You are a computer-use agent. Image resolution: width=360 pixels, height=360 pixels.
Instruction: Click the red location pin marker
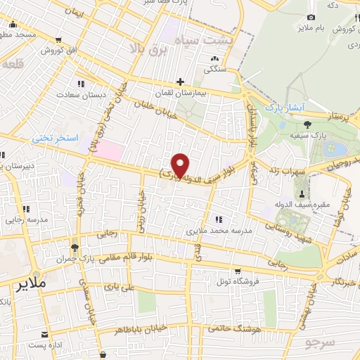[x=181, y=165]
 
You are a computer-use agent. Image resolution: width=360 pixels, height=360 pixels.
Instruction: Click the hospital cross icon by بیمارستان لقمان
[x=180, y=82]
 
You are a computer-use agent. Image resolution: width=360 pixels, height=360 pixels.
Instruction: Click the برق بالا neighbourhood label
[x=146, y=48]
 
